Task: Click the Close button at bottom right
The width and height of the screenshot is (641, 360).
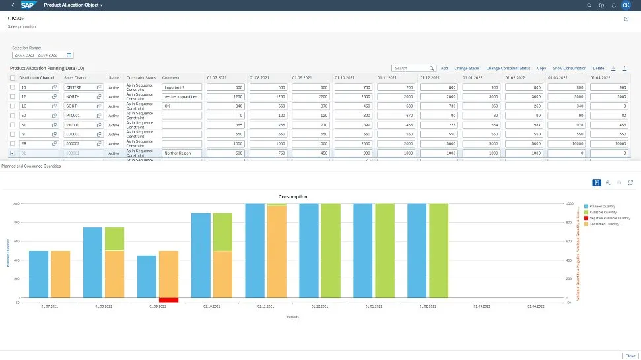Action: [x=629, y=355]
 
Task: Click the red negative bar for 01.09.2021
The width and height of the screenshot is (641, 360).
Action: [x=168, y=300]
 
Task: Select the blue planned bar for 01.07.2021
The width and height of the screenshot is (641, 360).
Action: [x=39, y=274]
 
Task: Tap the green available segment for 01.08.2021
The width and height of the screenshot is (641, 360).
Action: [x=114, y=238]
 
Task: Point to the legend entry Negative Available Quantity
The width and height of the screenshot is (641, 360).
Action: [x=609, y=218]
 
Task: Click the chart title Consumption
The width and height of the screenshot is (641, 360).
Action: [x=292, y=197]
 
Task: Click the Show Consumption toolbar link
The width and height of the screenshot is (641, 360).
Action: [x=569, y=68]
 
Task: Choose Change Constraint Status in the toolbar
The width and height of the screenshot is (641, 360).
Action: [x=508, y=68]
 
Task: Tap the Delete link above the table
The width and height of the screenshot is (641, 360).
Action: [x=598, y=68]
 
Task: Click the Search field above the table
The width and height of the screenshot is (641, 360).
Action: [x=411, y=68]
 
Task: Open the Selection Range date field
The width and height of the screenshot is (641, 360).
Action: [x=42, y=55]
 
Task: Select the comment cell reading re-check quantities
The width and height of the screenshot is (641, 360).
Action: [x=182, y=96]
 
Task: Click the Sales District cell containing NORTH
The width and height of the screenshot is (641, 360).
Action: [x=80, y=96]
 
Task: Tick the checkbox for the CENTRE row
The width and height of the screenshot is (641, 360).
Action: [x=13, y=87]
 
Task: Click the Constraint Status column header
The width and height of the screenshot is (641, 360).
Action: [x=141, y=78]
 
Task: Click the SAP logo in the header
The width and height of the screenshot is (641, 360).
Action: [x=29, y=5]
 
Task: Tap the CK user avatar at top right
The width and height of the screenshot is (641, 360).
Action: [x=626, y=5]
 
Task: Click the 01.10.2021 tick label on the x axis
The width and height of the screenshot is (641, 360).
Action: [x=211, y=306]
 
